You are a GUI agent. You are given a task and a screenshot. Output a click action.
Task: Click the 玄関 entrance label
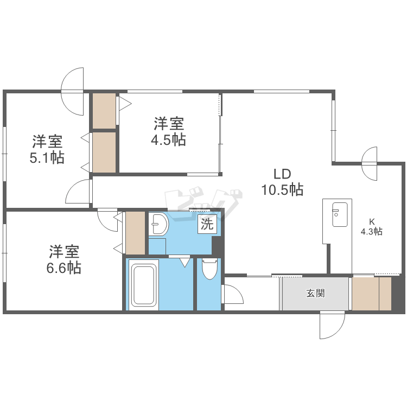(x=315, y=294)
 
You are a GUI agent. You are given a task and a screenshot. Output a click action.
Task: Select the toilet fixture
(x=209, y=269)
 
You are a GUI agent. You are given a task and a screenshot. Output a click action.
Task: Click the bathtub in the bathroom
(x=143, y=285)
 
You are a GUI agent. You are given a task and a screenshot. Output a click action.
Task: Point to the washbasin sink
(x=160, y=223)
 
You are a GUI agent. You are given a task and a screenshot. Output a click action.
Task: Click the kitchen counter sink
(x=339, y=215)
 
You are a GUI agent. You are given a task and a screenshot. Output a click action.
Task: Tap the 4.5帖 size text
(x=168, y=140)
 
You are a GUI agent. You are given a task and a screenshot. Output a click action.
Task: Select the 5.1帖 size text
(x=47, y=158)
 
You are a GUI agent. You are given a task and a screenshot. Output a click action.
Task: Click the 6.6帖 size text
(x=65, y=268)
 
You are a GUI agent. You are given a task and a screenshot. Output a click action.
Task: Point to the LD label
(x=283, y=174)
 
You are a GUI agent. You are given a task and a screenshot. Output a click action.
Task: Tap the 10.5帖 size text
(x=283, y=190)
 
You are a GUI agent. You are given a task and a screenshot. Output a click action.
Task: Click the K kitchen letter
(x=372, y=221)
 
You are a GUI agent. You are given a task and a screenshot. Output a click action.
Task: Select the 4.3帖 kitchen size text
(x=372, y=232)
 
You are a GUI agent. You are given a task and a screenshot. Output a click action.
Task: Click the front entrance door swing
(x=332, y=326)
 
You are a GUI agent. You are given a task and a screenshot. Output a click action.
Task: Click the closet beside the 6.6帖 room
(x=135, y=233)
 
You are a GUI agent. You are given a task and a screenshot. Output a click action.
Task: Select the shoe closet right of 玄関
(x=371, y=294)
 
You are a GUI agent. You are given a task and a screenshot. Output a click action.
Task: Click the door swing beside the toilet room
(x=232, y=296)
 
